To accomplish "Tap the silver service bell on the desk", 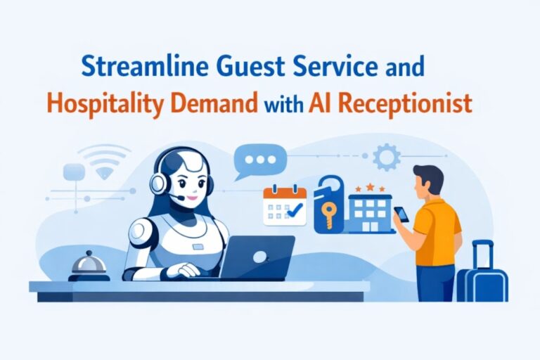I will (89, 265).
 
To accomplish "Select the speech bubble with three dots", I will (259, 161).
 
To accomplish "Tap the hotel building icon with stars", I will (369, 211).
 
